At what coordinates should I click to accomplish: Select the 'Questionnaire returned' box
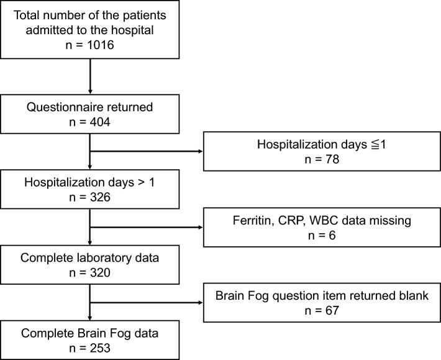90,115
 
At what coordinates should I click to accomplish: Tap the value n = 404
90,122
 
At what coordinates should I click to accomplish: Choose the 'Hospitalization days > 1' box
90,192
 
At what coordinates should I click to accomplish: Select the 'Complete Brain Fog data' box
90,340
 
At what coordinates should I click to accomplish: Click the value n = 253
90,348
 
